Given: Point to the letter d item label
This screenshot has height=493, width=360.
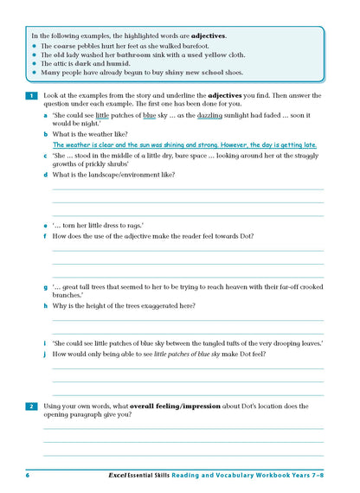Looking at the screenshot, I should (46, 175).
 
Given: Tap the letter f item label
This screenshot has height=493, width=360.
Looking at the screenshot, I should (46, 235).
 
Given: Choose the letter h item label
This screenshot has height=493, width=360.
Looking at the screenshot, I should (46, 305).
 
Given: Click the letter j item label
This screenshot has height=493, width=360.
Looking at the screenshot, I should (46, 354).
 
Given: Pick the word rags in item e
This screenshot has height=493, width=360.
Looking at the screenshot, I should (132, 225).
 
